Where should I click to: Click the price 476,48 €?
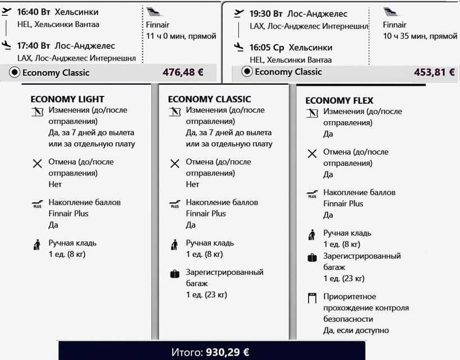coord(183,72)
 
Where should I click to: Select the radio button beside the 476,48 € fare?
coord(15,72)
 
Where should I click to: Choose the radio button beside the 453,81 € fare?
coord(247,71)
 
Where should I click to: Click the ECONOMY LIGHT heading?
coord(67,99)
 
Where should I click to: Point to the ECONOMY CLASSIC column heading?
coord(209,99)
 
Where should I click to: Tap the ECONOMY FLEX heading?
coord(339,101)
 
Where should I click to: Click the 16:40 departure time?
coord(28,12)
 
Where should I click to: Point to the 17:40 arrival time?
coord(28,46)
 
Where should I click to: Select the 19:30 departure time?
coord(261,13)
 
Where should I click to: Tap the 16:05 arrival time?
coord(261,48)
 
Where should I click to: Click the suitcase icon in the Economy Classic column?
coord(175,274)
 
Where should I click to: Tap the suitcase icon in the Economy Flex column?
coord(312,258)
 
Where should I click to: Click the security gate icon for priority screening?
coord(312,298)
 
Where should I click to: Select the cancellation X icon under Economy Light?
coord(38,164)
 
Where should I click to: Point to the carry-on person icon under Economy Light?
coord(37,244)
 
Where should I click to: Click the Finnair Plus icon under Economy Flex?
coord(312,195)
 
